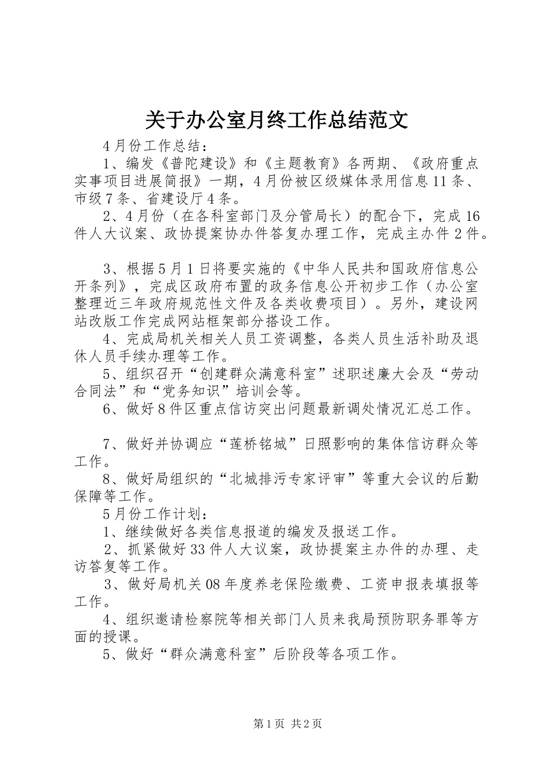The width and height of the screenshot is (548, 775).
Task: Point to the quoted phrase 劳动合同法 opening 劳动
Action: coord(461,374)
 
